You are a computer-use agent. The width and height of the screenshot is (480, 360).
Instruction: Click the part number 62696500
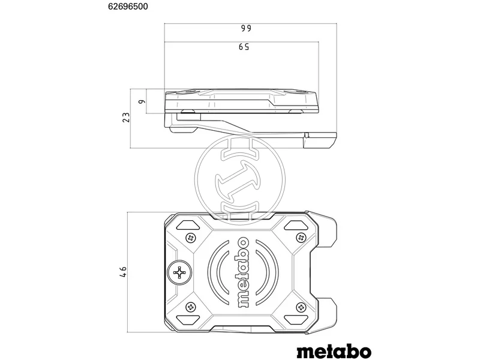[128, 7]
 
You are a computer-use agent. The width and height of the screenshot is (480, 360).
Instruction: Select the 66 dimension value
[245, 28]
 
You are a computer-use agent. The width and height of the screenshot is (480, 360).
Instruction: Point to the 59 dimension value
[244, 47]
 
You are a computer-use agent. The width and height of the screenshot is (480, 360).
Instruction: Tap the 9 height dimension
[141, 101]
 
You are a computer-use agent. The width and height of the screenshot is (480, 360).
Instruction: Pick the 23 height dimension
[126, 118]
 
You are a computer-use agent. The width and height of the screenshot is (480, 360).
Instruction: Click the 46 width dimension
[123, 272]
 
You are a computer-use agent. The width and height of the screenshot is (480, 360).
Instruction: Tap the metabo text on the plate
[243, 272]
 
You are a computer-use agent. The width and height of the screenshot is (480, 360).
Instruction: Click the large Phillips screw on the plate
[179, 272]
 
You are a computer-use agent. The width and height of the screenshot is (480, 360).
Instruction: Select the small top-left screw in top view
[191, 237]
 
